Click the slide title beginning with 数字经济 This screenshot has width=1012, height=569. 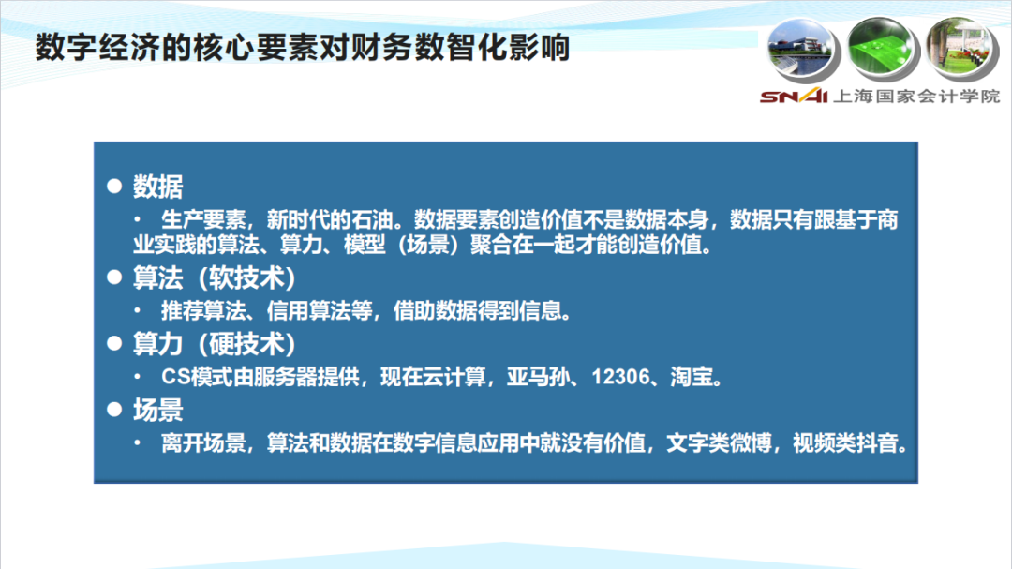(302, 48)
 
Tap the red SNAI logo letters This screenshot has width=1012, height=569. (794, 97)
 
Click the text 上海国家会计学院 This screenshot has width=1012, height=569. (916, 97)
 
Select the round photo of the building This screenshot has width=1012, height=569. (803, 50)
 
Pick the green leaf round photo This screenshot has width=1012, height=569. (883, 49)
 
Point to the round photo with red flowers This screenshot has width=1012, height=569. (962, 49)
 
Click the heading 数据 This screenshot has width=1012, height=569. (158, 187)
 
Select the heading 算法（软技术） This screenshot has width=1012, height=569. (215, 278)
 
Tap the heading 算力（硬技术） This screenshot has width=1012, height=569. (215, 344)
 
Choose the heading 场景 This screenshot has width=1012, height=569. (158, 411)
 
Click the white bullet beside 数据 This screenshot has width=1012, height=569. (115, 186)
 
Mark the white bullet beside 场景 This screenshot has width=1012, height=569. (115, 410)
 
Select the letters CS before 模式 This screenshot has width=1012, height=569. (175, 377)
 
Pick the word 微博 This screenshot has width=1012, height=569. (751, 443)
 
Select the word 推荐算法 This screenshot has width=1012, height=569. (203, 311)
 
